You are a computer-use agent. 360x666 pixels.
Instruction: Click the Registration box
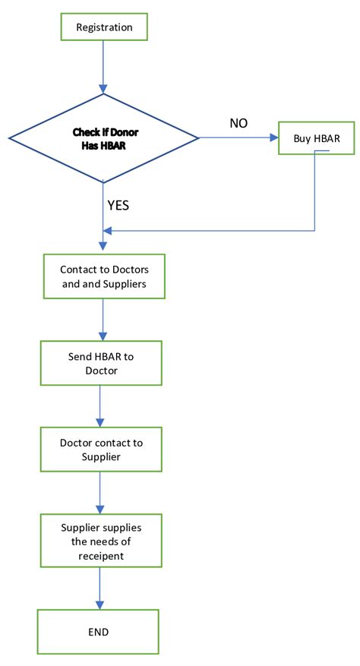point(104,27)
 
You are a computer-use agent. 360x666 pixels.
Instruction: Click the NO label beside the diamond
point(238,122)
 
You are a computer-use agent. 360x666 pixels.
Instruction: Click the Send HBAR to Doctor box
point(101,363)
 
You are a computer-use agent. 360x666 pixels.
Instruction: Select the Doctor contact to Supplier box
point(101,450)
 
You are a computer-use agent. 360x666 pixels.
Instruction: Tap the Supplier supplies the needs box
point(100,541)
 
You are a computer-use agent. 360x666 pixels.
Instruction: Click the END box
point(98,631)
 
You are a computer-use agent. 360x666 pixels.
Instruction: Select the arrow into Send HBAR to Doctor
point(102,322)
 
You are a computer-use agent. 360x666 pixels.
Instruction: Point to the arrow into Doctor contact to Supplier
point(100,407)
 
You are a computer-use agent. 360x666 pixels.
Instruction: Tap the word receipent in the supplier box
point(101,554)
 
